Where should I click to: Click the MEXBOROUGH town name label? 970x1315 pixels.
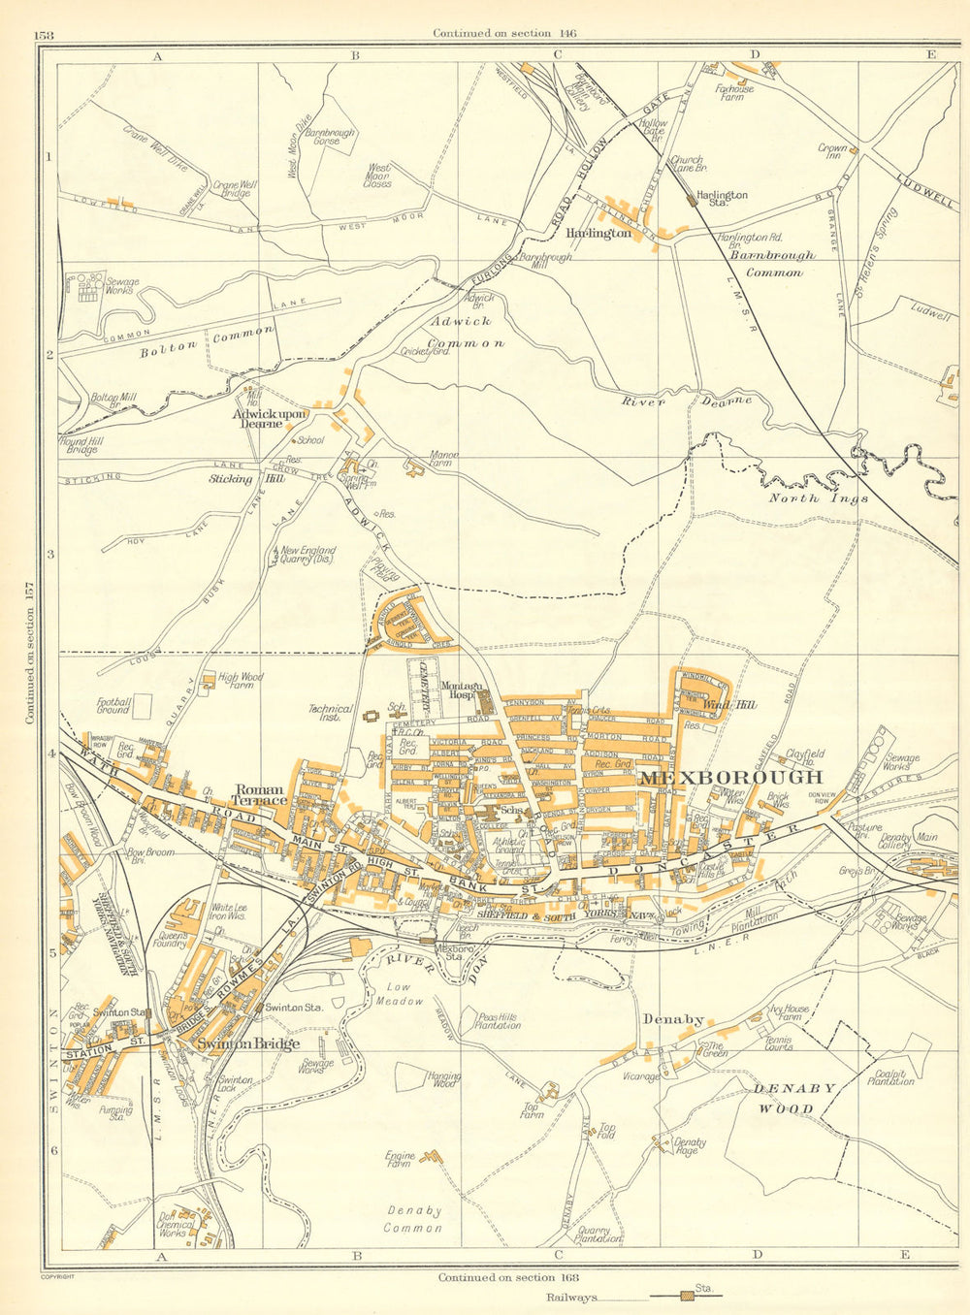click(730, 777)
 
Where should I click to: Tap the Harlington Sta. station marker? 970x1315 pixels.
click(691, 200)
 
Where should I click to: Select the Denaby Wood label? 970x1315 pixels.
click(795, 1098)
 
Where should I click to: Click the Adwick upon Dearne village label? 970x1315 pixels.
click(269, 418)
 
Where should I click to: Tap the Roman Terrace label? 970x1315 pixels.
click(260, 794)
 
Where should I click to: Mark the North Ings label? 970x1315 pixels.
click(807, 498)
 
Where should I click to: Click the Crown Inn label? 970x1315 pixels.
click(832, 151)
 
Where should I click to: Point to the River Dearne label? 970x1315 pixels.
click(687, 400)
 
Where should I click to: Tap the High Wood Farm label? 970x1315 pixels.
click(241, 683)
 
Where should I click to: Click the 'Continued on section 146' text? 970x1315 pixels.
click(504, 33)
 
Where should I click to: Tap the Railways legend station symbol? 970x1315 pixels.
click(688, 1295)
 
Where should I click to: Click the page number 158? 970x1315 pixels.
click(45, 37)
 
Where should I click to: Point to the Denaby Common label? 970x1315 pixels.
click(414, 1218)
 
